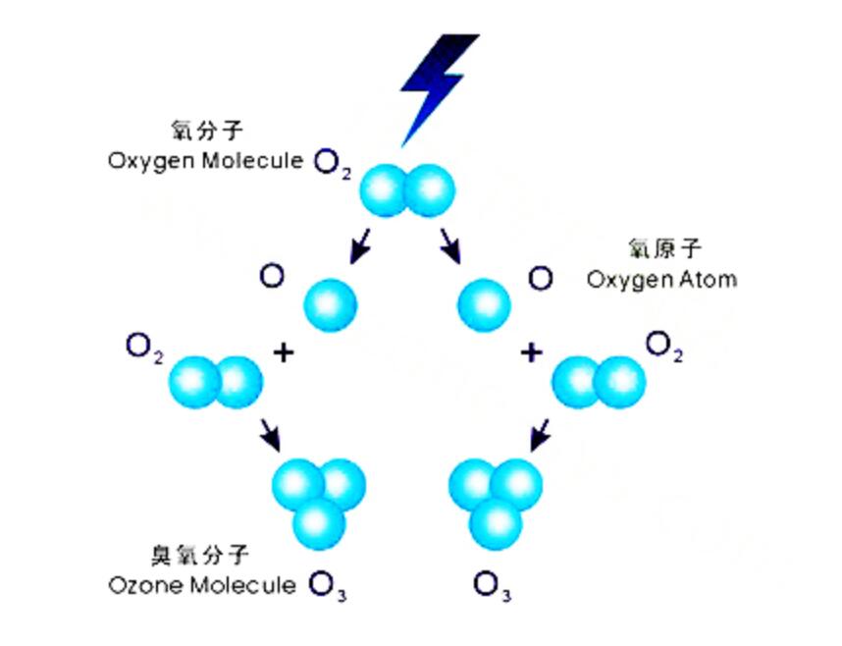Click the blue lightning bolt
(x=435, y=83)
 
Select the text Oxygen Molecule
(x=205, y=161)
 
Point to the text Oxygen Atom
(x=661, y=279)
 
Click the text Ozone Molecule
(x=202, y=586)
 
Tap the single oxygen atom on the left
(x=331, y=303)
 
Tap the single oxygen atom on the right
(x=484, y=303)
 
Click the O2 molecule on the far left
(x=216, y=382)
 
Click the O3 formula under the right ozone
(x=492, y=587)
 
